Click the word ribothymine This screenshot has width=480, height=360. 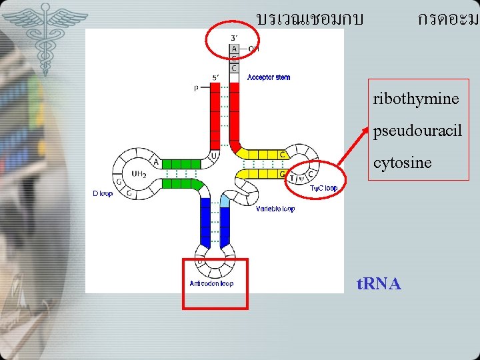click(416, 99)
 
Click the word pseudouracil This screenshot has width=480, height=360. click(417, 131)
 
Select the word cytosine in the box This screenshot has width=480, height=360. click(402, 162)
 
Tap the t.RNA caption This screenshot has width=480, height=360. click(379, 284)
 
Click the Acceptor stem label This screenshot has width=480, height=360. click(269, 77)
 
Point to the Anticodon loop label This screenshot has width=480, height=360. click(211, 283)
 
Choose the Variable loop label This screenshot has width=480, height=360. click(275, 209)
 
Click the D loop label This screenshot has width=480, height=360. click(103, 194)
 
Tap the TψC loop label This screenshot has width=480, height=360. click(323, 188)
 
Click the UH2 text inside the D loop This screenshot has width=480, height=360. click(139, 174)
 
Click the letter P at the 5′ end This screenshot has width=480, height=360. click(197, 87)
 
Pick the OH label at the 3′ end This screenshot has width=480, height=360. click(253, 49)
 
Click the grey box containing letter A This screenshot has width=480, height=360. click(234, 49)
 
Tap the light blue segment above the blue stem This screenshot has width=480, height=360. click(224, 201)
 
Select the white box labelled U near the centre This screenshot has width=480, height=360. click(214, 155)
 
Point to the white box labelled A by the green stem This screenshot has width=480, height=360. click(156, 162)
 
